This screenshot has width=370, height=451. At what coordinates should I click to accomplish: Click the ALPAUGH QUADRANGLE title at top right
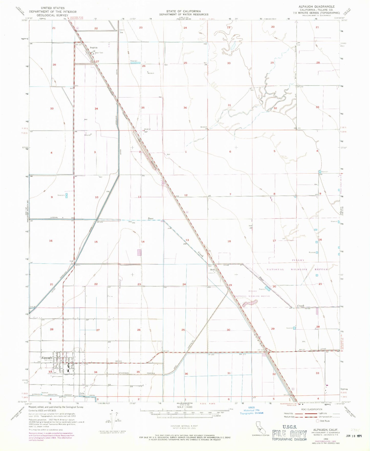coord(316,6)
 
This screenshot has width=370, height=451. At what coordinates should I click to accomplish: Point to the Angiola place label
coord(93,48)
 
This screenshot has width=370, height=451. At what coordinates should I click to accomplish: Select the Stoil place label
coord(212,269)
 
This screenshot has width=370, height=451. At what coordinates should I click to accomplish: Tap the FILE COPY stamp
coord(289,434)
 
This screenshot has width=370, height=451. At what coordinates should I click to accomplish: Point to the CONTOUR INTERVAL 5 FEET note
coord(184,426)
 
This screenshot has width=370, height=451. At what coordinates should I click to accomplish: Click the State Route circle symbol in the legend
coord(318,421)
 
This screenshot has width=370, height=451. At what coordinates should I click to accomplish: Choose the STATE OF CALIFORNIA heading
coord(183,11)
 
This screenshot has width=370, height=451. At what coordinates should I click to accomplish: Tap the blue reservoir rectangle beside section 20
coord(268,289)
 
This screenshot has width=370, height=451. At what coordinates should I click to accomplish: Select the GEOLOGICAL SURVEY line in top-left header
coord(52,15)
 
